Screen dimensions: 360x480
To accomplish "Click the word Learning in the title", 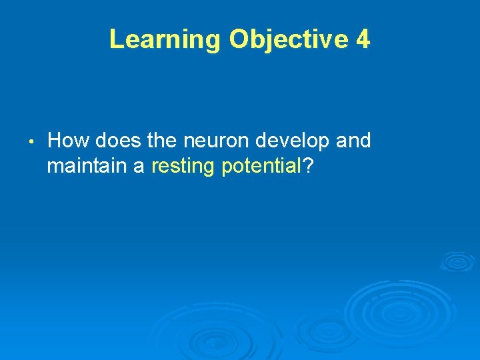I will coord(164,40).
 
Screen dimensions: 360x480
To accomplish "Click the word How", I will coord(69,141).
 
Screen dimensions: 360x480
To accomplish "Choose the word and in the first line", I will coord(354,141).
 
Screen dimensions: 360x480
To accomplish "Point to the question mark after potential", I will coord(309,165).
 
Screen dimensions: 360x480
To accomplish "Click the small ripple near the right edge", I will coord(457,261).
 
